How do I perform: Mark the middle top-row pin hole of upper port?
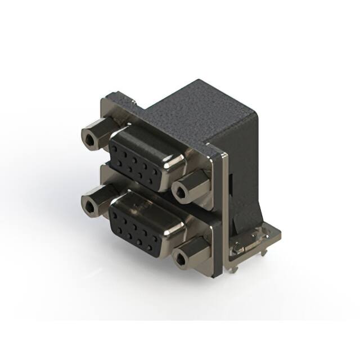pyautogui.click(x=137, y=155)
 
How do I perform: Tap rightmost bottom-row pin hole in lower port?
pyautogui.click(x=155, y=241)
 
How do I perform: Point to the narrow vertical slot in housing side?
pyautogui.click(x=231, y=185)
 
